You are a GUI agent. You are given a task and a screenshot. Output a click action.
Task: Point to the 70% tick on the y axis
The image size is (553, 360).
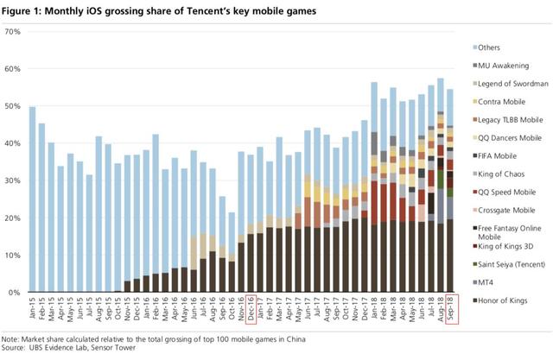pos(13,32)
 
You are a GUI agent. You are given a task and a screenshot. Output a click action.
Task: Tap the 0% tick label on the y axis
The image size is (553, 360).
pos(15,293)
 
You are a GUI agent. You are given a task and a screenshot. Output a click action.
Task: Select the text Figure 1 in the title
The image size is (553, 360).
pos(27,10)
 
